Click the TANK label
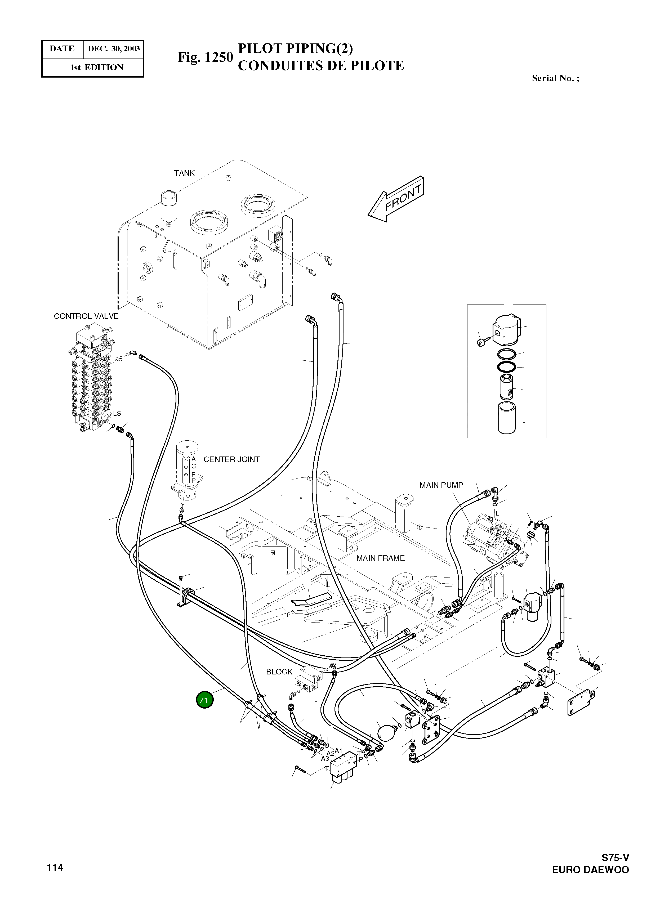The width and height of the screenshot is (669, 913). click(184, 173)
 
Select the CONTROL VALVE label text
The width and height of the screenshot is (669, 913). click(86, 316)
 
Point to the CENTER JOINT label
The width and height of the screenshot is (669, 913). click(231, 459)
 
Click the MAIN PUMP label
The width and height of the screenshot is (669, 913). click(441, 485)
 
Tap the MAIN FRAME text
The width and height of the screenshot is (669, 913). click(380, 558)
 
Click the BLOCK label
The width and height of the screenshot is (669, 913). click(279, 672)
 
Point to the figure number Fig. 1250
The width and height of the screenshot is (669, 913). click(205, 57)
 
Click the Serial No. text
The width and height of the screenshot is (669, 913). click(555, 79)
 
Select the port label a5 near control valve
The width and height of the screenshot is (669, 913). click(119, 359)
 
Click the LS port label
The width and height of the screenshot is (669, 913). click(117, 413)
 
